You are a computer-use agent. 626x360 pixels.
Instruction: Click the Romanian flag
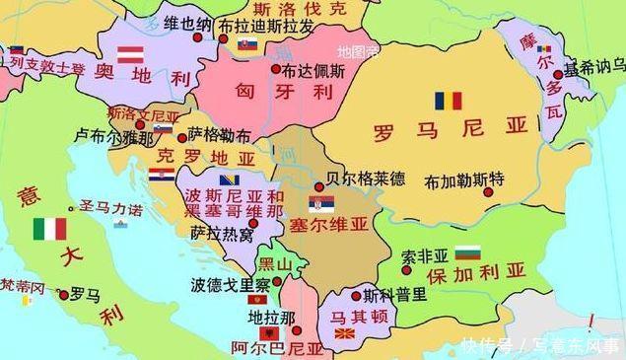point(449,101)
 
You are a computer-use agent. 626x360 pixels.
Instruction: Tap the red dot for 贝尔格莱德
point(317,185)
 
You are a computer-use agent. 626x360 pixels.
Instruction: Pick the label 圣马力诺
point(111,208)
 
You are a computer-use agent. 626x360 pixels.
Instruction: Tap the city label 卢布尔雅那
point(115,139)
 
